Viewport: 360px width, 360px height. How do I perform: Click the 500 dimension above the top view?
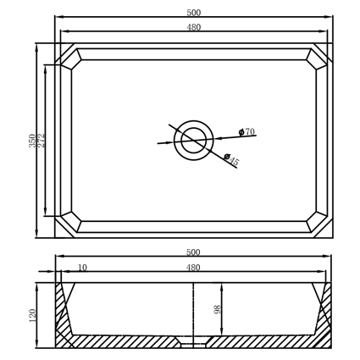(x=194, y=13)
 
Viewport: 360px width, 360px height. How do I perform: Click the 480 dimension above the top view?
(x=194, y=27)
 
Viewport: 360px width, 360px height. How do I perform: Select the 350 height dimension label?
(x=32, y=141)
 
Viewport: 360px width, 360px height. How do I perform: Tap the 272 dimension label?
(x=42, y=141)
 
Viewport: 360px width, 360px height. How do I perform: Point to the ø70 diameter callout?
(x=246, y=131)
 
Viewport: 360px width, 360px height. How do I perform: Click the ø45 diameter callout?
(x=231, y=159)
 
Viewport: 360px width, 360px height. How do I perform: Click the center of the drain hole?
(x=193, y=141)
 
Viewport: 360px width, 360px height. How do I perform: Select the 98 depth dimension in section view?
(x=218, y=309)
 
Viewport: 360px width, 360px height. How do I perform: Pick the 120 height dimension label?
(x=32, y=316)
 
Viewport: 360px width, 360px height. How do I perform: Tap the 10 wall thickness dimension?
(x=82, y=267)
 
